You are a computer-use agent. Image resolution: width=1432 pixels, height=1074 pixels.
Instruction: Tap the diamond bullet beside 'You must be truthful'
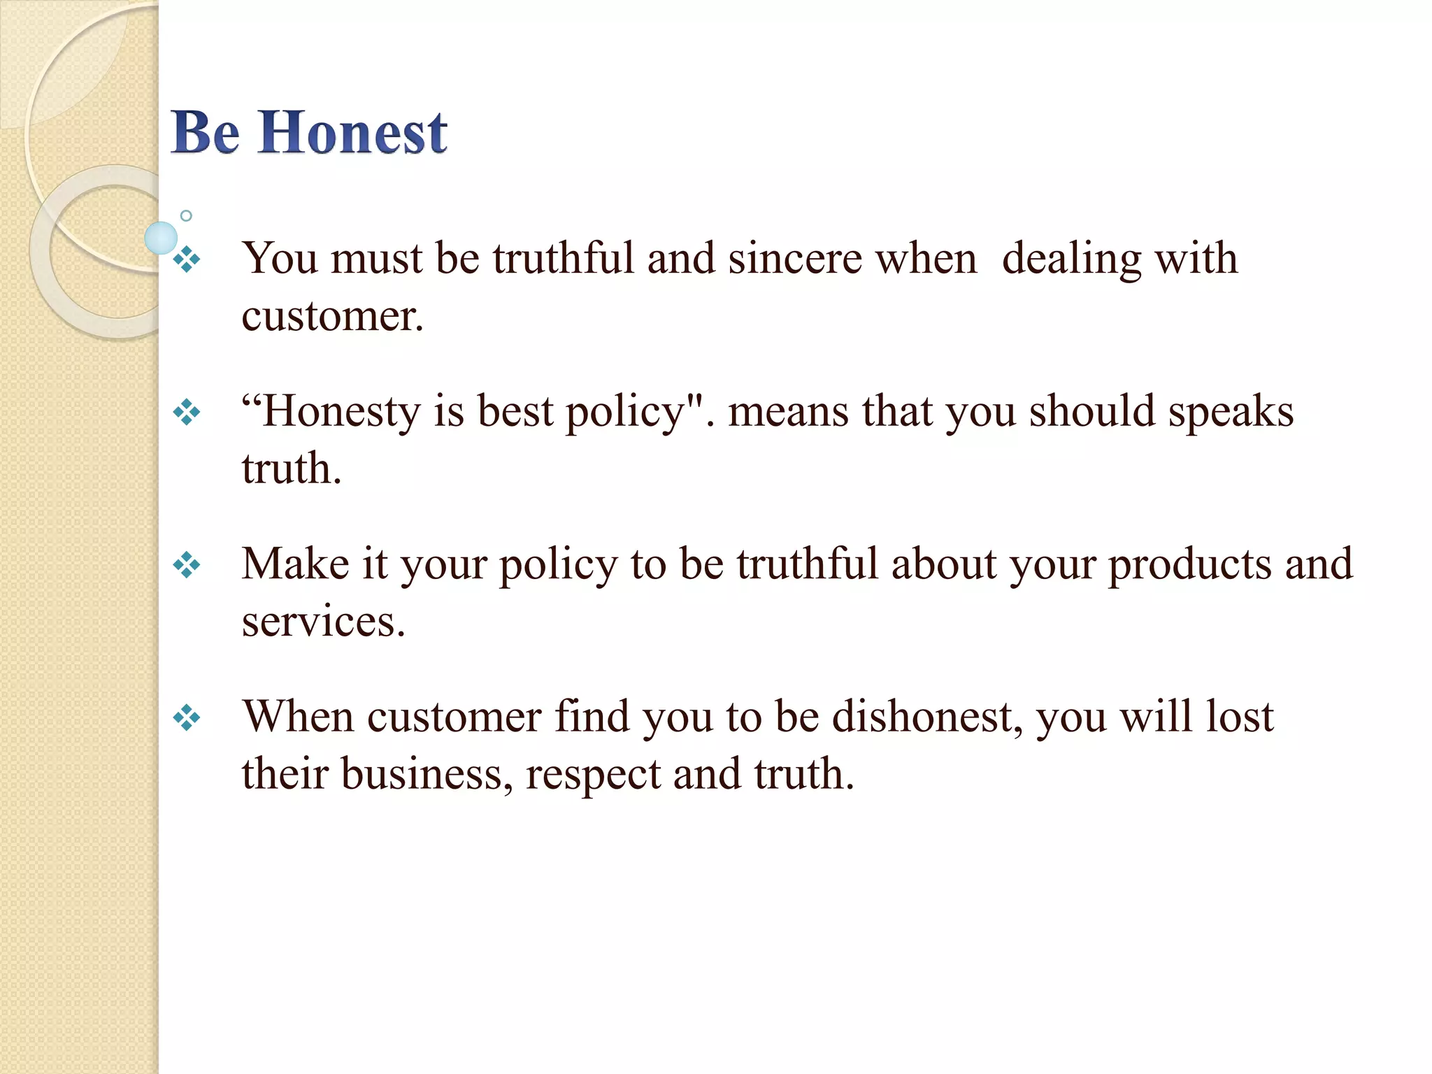coord(187,260)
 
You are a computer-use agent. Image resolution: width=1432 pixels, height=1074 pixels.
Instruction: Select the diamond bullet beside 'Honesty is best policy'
coord(187,413)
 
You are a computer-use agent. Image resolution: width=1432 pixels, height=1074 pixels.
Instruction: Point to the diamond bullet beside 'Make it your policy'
coord(187,565)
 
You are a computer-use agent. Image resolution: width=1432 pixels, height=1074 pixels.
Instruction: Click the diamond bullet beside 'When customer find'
coord(187,717)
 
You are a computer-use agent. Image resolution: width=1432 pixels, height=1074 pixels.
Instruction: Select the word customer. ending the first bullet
coord(332,316)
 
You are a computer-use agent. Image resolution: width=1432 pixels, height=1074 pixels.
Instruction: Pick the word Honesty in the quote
coord(340,412)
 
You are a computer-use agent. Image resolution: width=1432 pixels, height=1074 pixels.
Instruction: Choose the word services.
coord(323,621)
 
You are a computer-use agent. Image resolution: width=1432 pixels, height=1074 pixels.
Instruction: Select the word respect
coord(593,775)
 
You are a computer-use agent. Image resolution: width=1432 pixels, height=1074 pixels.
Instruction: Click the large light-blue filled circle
coord(161,238)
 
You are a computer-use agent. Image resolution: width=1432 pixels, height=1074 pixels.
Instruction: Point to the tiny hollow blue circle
coord(186,216)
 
